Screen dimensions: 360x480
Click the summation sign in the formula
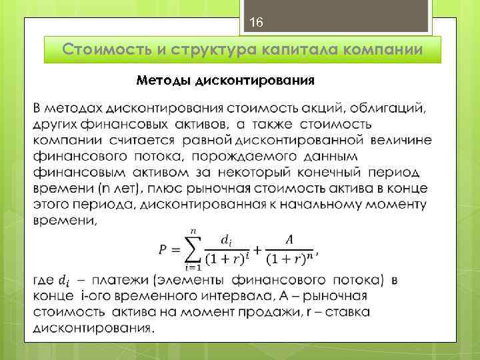(x=195, y=249)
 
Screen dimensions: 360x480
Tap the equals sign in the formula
(x=176, y=250)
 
